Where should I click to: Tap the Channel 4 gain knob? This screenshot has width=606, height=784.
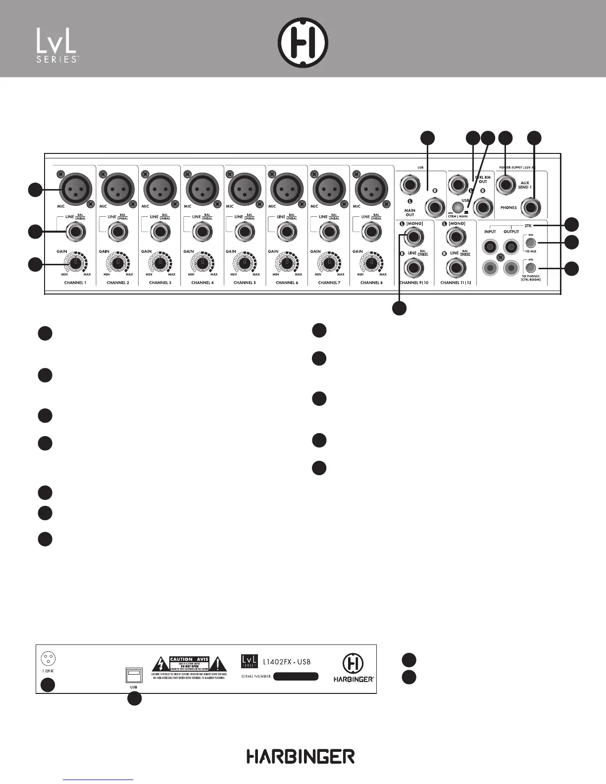tap(202, 263)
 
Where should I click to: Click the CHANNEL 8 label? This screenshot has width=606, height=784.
tap(370, 283)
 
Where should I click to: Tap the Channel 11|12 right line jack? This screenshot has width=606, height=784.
tap(454, 268)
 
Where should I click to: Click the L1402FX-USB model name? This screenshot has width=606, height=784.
tap(287, 662)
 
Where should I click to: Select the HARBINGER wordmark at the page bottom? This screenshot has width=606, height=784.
tap(301, 757)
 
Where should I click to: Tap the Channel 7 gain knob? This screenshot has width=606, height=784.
tap(328, 263)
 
